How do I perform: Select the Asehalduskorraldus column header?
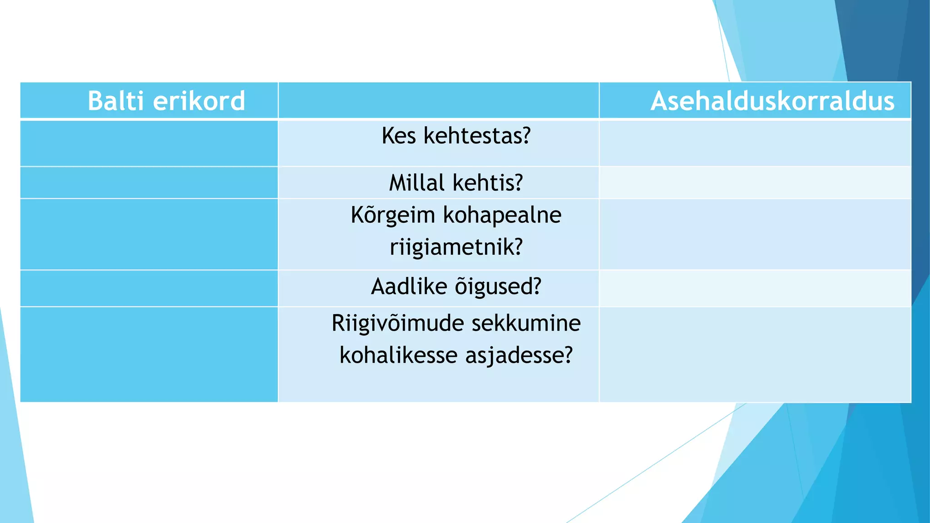(x=772, y=101)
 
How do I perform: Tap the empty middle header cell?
(x=438, y=100)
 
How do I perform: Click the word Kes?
(x=399, y=136)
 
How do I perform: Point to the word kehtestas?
(x=477, y=136)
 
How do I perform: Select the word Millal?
(x=416, y=183)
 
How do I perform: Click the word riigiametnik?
(x=456, y=247)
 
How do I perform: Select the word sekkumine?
(x=526, y=324)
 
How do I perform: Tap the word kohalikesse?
(x=398, y=355)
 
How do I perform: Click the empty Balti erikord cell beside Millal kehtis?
(x=149, y=183)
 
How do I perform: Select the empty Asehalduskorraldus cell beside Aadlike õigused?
(x=755, y=288)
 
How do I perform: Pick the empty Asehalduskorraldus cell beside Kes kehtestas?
(x=755, y=143)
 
